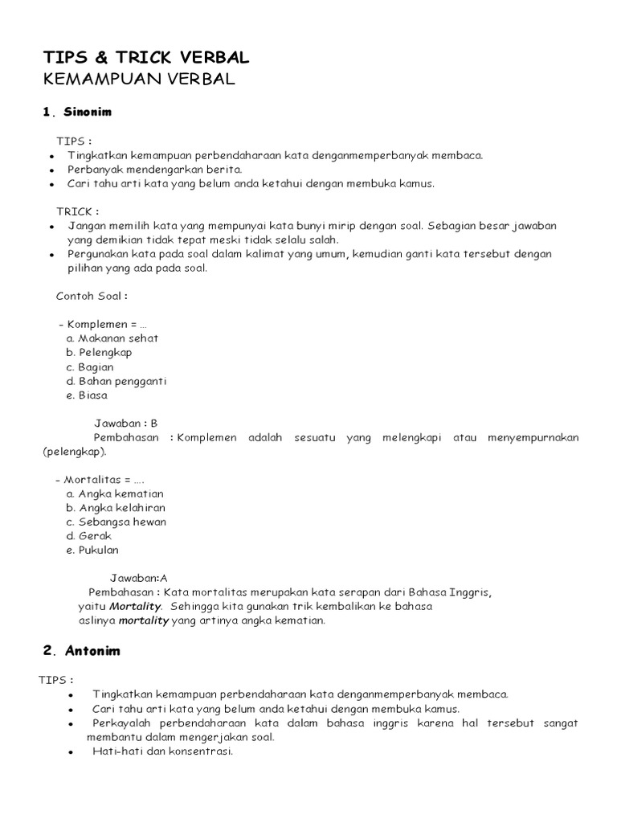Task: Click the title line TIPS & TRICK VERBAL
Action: click(145, 57)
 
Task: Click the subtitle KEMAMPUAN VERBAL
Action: click(138, 79)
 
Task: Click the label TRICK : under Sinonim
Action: click(78, 212)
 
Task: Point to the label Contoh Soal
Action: click(92, 296)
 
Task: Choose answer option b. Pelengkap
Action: click(100, 352)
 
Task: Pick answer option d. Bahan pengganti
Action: click(116, 381)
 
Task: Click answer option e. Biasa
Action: click(88, 395)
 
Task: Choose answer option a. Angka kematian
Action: click(115, 493)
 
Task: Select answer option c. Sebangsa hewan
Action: click(116, 522)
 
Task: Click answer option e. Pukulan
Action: click(93, 551)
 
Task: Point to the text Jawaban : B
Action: click(126, 423)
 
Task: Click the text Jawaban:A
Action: click(138, 578)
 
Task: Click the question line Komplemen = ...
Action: click(103, 324)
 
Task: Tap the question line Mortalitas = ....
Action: click(100, 479)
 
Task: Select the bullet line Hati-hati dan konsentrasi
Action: click(162, 751)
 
